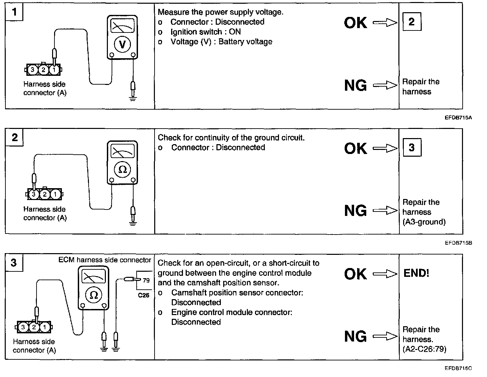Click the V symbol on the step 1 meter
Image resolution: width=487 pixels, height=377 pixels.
122,44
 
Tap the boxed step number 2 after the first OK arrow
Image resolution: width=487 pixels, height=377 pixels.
412,22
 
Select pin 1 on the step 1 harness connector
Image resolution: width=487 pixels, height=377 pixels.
54,70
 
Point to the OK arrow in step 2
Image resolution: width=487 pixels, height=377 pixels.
385,148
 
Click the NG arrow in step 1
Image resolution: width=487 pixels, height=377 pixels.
385,85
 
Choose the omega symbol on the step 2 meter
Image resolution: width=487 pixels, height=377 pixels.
122,170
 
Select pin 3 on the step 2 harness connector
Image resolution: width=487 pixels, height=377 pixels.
33,195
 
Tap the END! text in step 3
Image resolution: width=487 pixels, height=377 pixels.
416,273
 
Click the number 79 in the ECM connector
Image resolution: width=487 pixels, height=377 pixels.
146,280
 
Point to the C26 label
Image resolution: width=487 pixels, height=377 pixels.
144,295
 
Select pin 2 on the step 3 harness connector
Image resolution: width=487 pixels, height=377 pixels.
34,327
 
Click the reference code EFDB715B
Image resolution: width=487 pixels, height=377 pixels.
458,243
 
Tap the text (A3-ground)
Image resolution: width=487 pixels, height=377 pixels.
424,222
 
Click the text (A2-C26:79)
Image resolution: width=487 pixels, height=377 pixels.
424,349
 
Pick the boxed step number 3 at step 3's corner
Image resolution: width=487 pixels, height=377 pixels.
14,263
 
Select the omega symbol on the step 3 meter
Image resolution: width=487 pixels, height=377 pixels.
93,295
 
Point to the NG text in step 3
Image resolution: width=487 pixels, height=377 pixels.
355,336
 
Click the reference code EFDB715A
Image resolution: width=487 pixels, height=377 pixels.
458,117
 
